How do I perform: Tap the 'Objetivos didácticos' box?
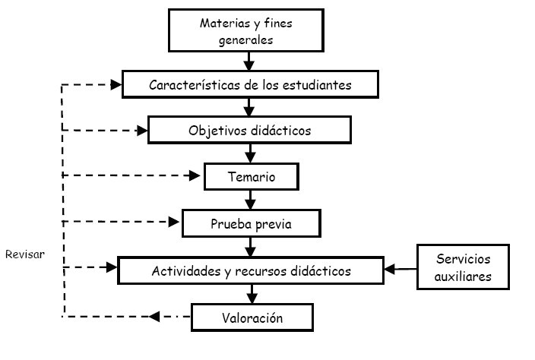[x=249, y=130]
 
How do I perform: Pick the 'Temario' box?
[x=251, y=178]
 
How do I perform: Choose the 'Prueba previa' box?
[x=251, y=224]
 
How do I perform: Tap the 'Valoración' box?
[x=251, y=317]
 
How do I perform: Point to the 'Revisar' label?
[x=24, y=254]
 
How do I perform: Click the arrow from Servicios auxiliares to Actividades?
[x=400, y=268]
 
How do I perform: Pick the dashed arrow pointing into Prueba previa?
[x=122, y=223]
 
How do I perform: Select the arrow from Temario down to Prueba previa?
[x=250, y=200]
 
